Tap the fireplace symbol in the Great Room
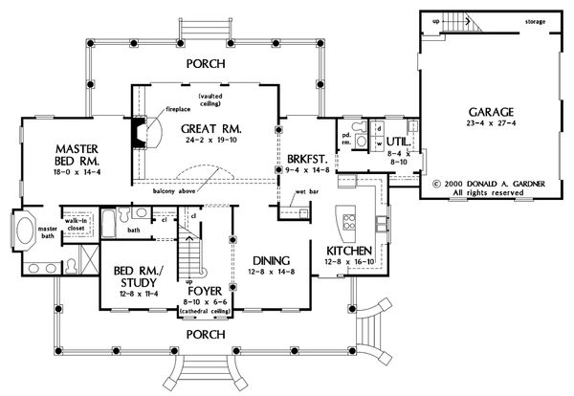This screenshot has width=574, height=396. (142, 130)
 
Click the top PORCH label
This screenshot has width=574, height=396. (208, 64)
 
